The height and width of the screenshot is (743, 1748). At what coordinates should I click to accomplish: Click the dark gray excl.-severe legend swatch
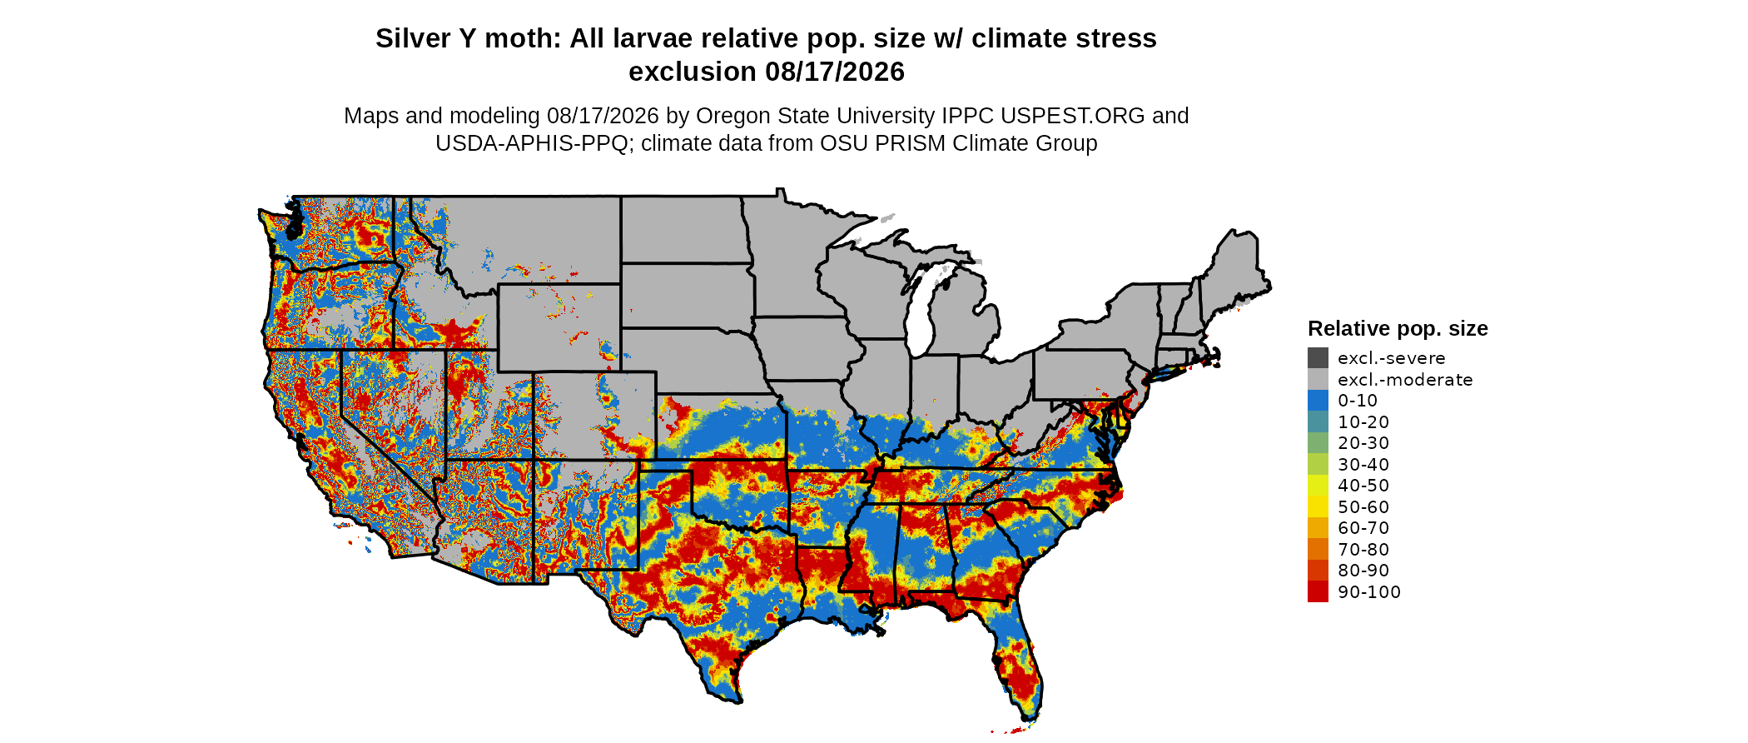click(1318, 358)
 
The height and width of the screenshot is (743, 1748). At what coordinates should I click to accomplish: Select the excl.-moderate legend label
click(1405, 380)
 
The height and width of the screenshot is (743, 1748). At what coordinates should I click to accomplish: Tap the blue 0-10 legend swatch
click(1318, 401)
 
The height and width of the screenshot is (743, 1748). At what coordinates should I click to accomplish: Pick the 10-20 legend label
click(1363, 422)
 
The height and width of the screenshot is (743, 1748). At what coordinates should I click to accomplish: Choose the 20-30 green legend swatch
click(1318, 443)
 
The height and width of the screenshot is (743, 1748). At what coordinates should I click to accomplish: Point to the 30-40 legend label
click(1363, 465)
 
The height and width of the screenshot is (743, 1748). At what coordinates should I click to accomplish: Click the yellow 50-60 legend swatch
click(1318, 506)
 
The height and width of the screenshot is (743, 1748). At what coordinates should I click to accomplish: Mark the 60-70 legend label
click(1363, 528)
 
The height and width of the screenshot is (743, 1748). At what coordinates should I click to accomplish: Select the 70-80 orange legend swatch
click(1318, 549)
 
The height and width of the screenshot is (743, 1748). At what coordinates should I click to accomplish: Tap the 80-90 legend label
click(1363, 571)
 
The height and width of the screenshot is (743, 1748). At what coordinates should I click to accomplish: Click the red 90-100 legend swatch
click(1318, 591)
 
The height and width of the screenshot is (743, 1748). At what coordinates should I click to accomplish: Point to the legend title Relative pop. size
click(1398, 329)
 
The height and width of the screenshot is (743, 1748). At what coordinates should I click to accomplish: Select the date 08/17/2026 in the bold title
click(835, 72)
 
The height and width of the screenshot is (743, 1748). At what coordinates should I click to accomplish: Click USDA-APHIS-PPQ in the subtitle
click(532, 143)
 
